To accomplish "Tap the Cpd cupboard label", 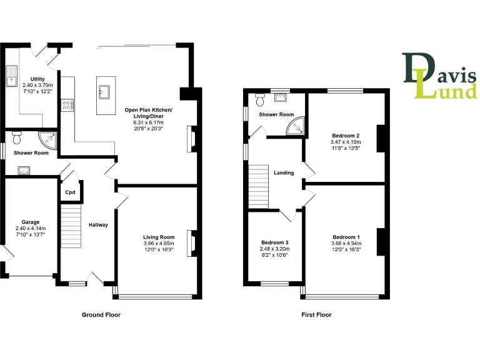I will [71, 192].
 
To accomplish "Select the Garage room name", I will [31, 222].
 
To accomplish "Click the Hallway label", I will [98, 225].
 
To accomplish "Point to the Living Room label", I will [159, 237].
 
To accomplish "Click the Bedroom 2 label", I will [346, 135].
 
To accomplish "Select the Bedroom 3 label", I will [275, 242].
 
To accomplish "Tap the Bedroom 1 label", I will [346, 237].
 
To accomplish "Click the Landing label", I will [284, 172].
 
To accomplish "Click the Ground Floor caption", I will [101, 315].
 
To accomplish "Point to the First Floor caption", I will [316, 315].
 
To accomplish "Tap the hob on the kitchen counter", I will [67, 104].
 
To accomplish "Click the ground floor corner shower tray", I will [49, 139].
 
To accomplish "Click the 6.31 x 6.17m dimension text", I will [148, 122].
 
